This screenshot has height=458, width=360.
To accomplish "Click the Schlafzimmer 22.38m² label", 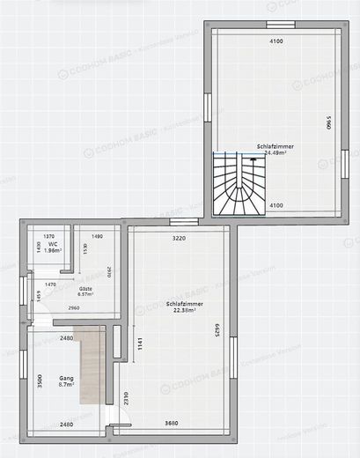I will [x=185, y=307].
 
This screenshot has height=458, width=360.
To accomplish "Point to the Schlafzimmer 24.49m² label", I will [x=276, y=149].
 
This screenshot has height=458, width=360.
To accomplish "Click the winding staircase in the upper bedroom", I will [x=238, y=183].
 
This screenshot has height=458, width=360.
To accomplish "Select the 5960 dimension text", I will [x=327, y=122].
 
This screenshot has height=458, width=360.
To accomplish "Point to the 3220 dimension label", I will [x=180, y=238].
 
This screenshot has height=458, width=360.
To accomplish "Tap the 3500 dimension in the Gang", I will [x=40, y=382].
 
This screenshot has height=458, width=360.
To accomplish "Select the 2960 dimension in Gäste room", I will [x=74, y=308].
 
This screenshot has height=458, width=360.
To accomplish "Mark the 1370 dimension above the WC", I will [x=49, y=237].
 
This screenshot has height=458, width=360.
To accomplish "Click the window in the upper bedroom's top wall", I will [x=279, y=24].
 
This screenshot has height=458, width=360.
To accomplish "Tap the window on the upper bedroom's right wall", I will [x=344, y=163].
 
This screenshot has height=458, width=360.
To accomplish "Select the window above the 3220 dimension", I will [x=180, y=221].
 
